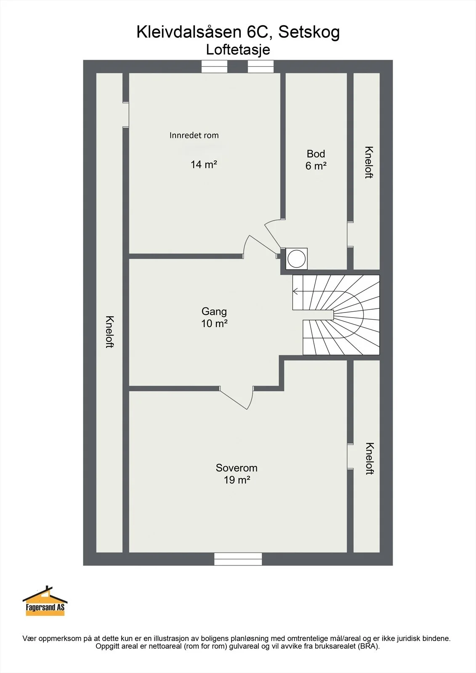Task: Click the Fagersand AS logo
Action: coord(45,601)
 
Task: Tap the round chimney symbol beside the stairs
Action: coord(296,258)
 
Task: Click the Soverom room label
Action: coord(237,468)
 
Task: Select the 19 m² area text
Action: coord(237,480)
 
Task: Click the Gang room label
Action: coord(214,312)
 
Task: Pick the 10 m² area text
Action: coord(214,323)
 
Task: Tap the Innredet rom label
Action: coord(194,135)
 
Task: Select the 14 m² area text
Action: coord(204,164)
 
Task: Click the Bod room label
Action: coord(316,154)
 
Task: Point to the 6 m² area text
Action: coord(316,166)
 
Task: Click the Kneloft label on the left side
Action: coord(110,332)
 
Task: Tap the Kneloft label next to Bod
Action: coord(369,162)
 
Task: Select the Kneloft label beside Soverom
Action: coord(370,458)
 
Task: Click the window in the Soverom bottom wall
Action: coord(238,559)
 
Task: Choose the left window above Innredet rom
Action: coord(214,66)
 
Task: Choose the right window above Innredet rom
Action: coord(261,66)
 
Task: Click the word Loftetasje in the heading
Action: coord(238,50)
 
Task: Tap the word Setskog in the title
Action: coord(309,32)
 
